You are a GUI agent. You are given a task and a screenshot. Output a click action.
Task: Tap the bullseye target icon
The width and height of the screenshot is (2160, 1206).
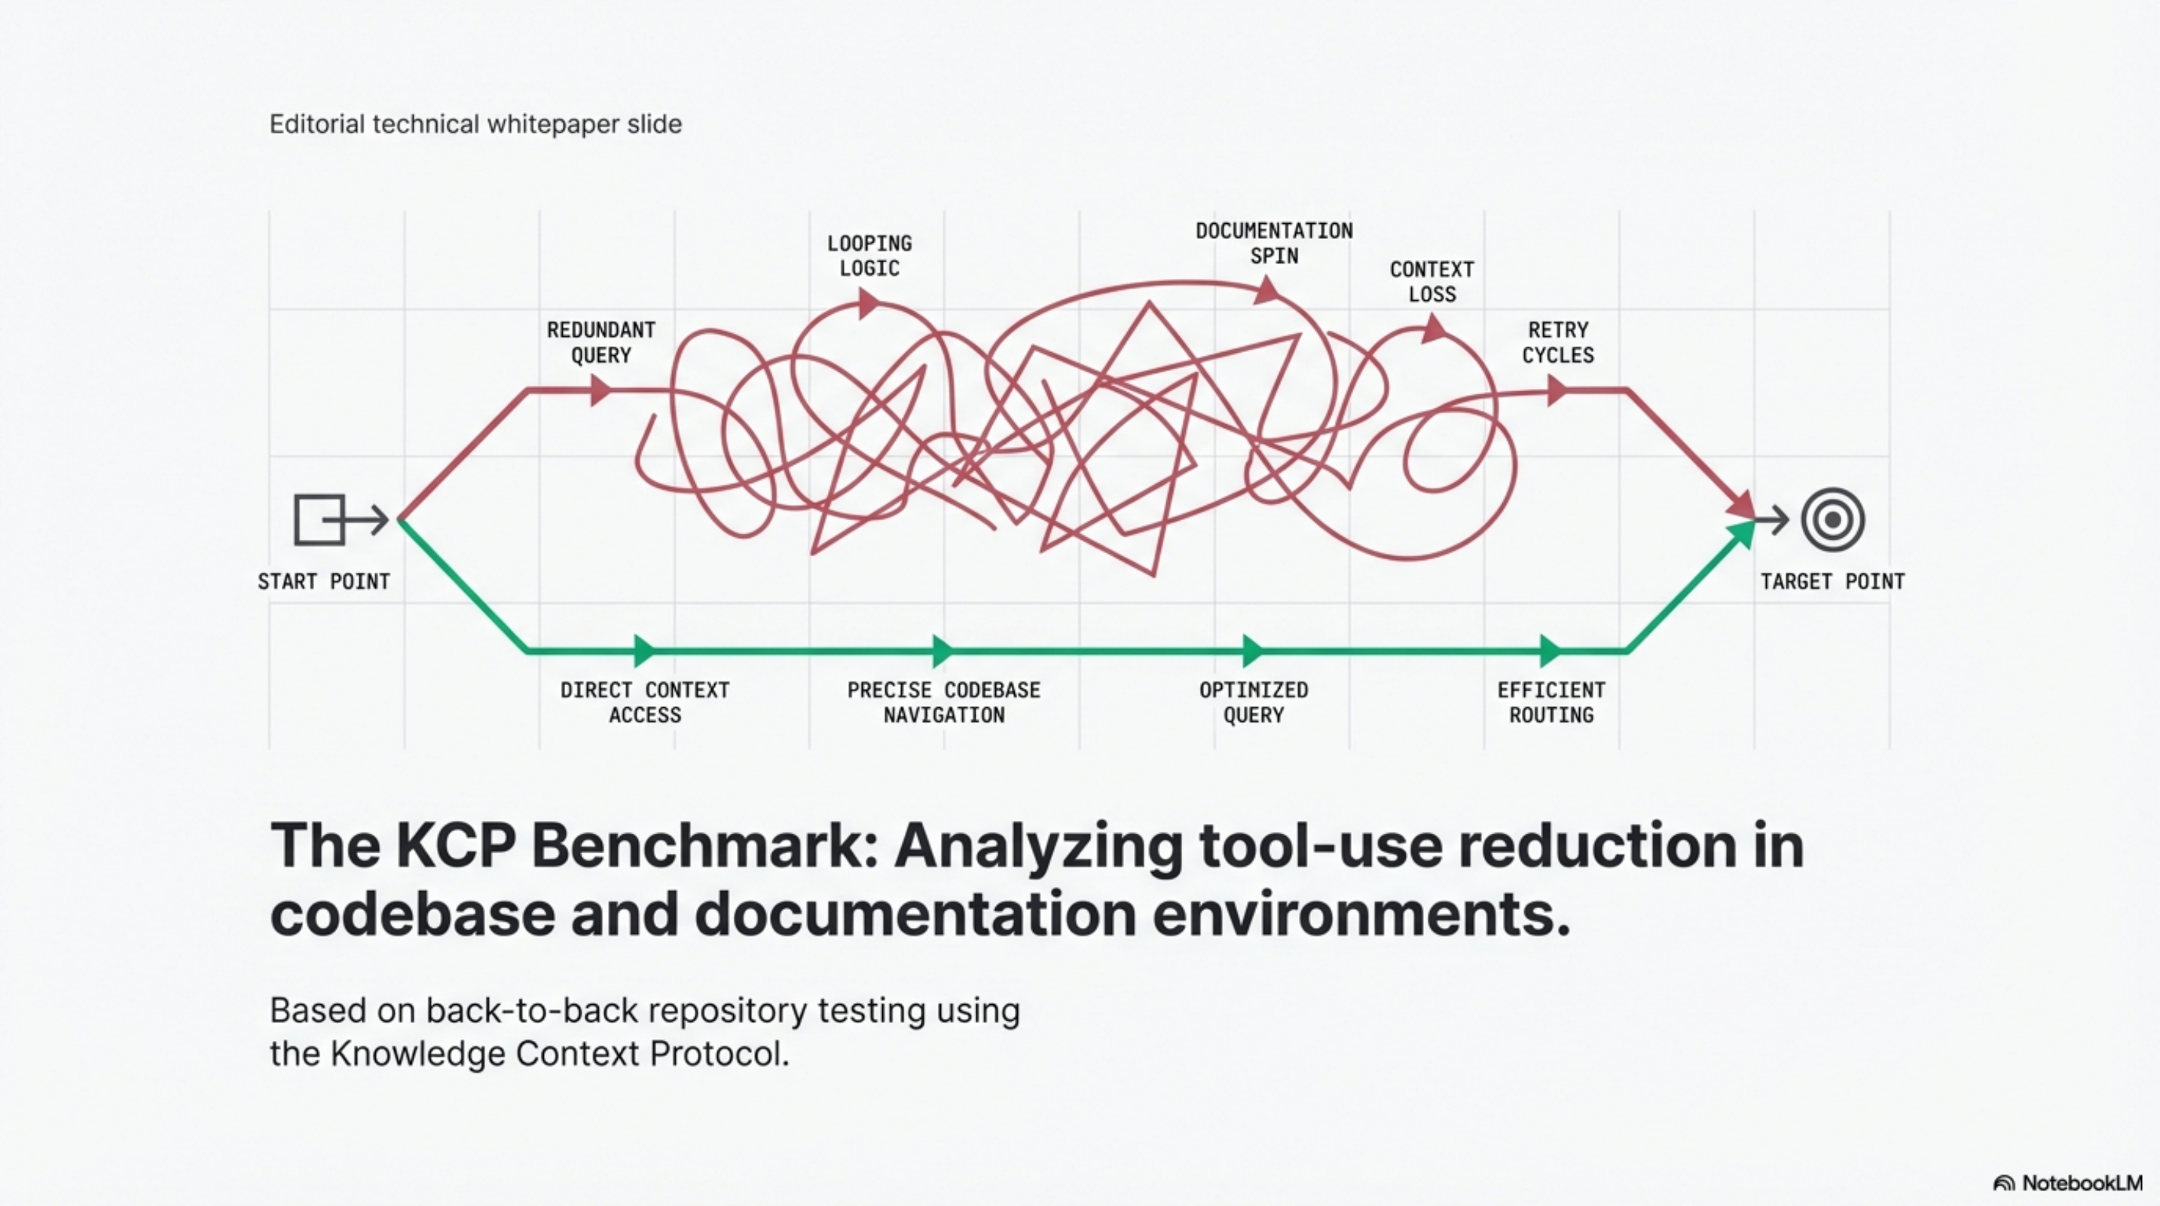coord(1833,520)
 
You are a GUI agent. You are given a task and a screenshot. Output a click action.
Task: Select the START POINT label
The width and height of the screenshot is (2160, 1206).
coord(324,581)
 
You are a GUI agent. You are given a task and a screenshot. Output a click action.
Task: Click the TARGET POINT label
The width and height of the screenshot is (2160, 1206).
coord(1832,581)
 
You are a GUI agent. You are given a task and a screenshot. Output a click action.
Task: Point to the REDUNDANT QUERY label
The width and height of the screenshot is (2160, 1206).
coord(601,342)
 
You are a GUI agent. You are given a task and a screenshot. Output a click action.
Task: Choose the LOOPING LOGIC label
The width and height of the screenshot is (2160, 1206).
coord(869,256)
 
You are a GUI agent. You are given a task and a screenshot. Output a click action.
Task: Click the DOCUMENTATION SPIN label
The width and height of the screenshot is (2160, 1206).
coord(1274,243)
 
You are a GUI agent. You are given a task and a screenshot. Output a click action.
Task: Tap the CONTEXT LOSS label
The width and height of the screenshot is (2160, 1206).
coord(1431,282)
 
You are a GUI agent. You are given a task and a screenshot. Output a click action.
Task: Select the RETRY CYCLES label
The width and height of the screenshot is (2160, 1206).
coord(1558,342)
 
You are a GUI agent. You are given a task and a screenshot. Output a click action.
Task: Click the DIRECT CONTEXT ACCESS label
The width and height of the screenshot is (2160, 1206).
coord(645,702)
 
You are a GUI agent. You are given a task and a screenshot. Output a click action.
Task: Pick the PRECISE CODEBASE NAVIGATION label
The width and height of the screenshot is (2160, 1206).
coord(943,702)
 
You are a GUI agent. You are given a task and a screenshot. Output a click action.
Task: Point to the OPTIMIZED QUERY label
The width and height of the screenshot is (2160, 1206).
coord(1254,702)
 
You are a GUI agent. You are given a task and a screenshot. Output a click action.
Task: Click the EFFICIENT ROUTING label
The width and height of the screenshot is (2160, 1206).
coord(1551,702)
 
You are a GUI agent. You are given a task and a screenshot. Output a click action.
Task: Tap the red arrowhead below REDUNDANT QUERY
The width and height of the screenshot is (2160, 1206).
coord(600,390)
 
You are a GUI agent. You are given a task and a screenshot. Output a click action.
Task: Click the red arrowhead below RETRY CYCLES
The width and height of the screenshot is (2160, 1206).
coord(1557,390)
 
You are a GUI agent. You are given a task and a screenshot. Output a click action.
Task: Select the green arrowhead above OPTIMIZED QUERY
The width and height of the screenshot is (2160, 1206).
coord(1253,650)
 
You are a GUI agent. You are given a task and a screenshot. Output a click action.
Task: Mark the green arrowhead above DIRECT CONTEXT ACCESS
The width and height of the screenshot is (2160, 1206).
coord(645,650)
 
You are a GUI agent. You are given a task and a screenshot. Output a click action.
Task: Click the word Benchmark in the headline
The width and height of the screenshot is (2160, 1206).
coord(704,846)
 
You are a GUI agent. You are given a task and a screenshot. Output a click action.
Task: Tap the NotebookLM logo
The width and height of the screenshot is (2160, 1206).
coord(2068,1183)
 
